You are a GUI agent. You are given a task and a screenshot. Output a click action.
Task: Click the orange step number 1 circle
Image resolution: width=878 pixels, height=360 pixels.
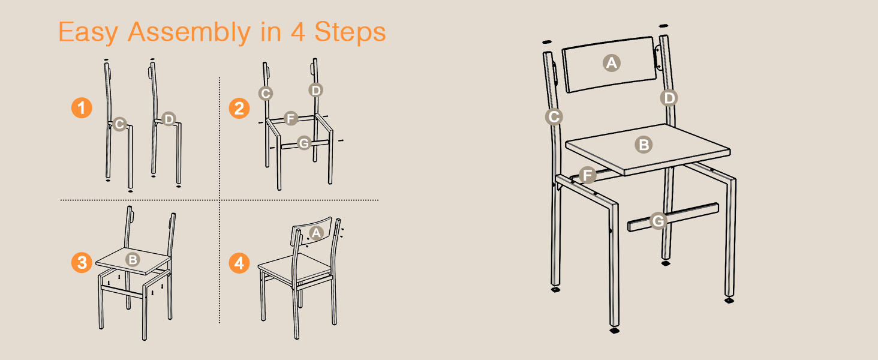click(82, 109)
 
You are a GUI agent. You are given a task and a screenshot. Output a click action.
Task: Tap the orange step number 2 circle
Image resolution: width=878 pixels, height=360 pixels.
click(239, 109)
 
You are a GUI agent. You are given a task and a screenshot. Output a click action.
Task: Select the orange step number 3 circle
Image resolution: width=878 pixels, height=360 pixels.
click(82, 262)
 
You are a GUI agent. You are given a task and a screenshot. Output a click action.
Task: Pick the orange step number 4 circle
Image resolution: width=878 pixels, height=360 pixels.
click(239, 263)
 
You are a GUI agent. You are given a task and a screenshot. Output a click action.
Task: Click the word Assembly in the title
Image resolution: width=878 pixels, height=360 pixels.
click(188, 32)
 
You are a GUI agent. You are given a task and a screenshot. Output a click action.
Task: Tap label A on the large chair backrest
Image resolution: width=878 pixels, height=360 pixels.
click(611, 62)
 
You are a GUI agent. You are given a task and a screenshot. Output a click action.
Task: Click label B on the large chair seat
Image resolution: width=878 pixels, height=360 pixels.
click(644, 144)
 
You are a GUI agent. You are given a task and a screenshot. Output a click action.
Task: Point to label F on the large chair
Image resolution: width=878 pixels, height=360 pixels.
click(588, 175)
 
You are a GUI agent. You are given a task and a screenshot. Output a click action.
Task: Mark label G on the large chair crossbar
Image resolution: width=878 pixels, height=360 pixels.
click(659, 221)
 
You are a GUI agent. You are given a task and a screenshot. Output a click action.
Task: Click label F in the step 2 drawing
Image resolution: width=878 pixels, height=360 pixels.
click(290, 118)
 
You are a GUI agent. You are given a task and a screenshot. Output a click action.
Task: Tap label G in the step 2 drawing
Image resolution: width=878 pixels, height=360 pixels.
click(304, 143)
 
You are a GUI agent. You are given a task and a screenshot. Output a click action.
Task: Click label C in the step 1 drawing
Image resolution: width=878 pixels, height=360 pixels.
click(119, 124)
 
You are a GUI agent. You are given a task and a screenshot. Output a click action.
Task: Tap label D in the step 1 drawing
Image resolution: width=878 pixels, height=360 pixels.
click(169, 119)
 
